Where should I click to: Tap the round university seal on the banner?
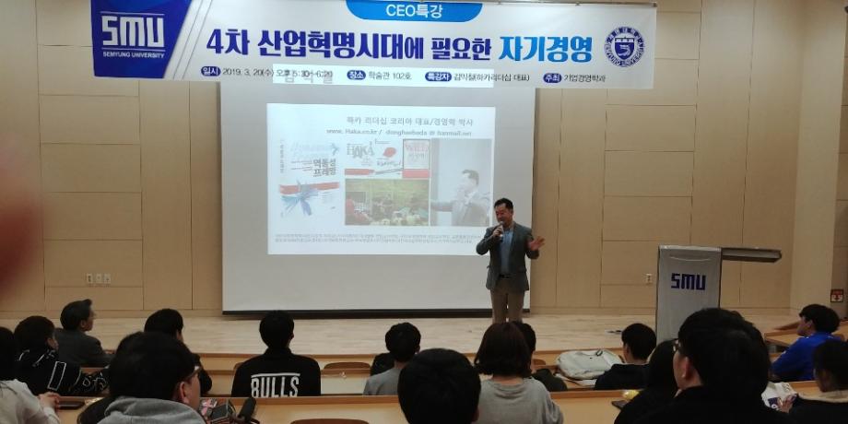(624, 46)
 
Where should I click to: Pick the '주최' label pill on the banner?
(552, 77)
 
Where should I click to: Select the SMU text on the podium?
(688, 281)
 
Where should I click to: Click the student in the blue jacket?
(808, 347)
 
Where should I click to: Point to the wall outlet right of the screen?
(649, 277)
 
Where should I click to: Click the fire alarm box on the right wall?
(836, 296)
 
